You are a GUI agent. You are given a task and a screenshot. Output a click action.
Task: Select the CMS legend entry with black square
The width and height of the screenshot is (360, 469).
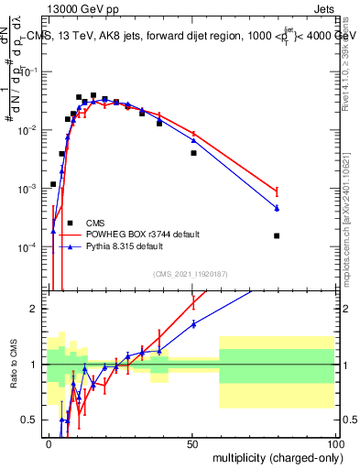(94, 223)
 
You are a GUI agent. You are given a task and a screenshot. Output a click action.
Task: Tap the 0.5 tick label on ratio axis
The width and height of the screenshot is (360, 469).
(30, 420)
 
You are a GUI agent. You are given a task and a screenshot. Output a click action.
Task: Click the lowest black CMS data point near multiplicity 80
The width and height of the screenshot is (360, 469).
(277, 235)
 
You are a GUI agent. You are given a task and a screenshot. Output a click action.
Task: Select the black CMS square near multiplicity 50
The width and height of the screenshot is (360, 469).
(193, 153)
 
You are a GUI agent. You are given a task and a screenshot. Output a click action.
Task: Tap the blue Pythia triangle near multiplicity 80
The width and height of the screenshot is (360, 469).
(277, 209)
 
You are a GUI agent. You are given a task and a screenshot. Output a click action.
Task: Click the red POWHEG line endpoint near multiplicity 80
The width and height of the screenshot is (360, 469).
(277, 191)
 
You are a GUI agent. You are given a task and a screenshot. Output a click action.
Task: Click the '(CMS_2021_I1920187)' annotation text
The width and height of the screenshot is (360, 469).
(189, 273)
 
